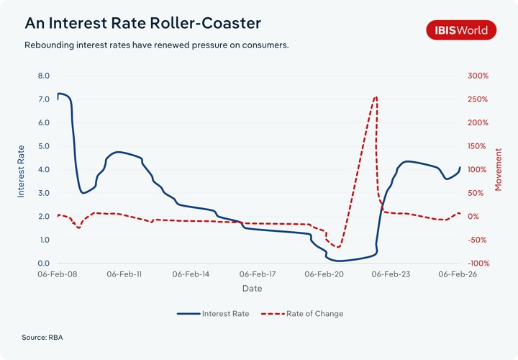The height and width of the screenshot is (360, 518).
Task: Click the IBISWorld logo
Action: pyautogui.click(x=461, y=30)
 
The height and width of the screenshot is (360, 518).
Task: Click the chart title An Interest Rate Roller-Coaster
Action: pyautogui.click(x=142, y=23)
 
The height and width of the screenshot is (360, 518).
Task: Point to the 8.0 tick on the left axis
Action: pyautogui.click(x=43, y=76)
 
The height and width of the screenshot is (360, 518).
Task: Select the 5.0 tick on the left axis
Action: pyautogui.click(x=43, y=146)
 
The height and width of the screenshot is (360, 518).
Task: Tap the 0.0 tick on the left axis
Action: pyautogui.click(x=43, y=264)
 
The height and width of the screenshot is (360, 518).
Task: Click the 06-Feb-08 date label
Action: pyautogui.click(x=58, y=274)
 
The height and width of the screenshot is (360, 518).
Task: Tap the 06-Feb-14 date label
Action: pyautogui.click(x=191, y=274)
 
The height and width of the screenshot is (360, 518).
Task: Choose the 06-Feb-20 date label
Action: pyautogui.click(x=324, y=274)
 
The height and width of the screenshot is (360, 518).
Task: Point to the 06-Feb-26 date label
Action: pyautogui.click(x=458, y=274)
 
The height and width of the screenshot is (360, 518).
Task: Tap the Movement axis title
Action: pyautogui.click(x=498, y=170)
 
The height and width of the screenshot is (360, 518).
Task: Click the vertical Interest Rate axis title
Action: pyautogui.click(x=21, y=170)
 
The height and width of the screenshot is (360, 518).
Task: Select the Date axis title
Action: pyautogui.click(x=252, y=289)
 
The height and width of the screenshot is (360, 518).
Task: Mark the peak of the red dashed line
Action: pyautogui.click(x=376, y=96)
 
